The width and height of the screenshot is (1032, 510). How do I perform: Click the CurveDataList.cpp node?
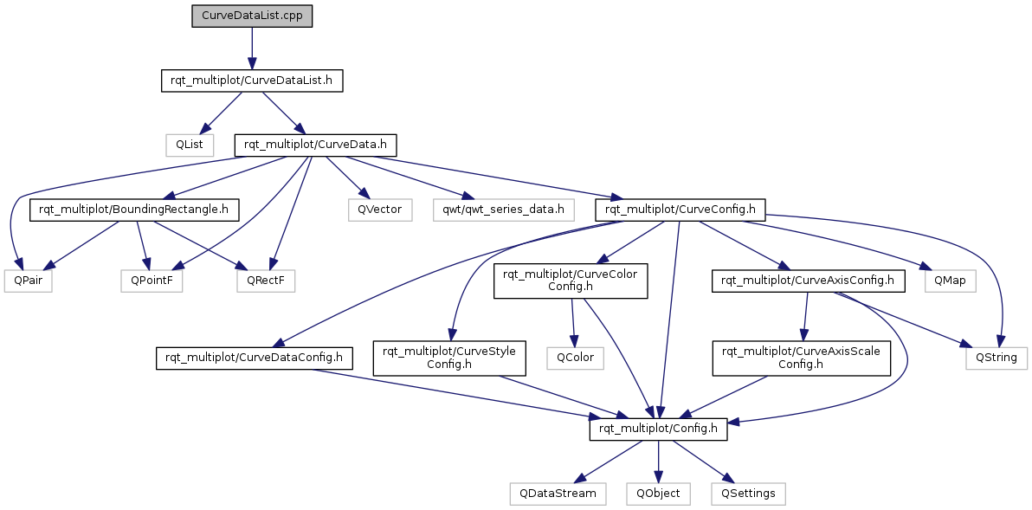[251, 16]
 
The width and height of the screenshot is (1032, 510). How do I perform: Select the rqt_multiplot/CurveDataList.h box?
[252, 81]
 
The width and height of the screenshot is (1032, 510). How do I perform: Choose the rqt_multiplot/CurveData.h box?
[316, 145]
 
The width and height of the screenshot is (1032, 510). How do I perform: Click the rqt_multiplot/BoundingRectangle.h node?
[134, 210]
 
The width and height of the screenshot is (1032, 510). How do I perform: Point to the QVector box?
[380, 210]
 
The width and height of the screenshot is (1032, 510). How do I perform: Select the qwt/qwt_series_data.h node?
[504, 210]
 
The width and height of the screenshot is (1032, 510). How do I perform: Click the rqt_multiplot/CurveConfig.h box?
[680, 210]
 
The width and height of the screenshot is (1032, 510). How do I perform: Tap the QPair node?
[28, 281]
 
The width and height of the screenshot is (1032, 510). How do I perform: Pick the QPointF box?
[152, 281]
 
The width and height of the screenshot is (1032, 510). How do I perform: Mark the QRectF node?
[266, 281]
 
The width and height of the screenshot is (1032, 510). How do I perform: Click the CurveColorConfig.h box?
[571, 281]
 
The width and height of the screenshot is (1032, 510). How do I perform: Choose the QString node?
[996, 358]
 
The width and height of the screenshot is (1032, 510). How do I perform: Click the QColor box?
[575, 358]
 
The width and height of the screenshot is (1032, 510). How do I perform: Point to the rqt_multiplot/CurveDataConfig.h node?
[254, 358]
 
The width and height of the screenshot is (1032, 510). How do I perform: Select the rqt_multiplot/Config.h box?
[658, 429]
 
